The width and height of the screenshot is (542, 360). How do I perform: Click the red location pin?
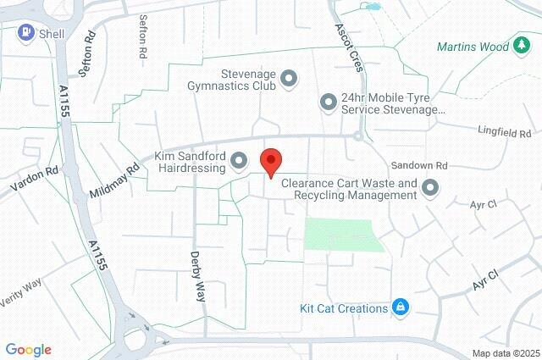tap(270, 161)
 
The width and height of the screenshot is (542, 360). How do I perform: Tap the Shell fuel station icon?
tap(27, 33)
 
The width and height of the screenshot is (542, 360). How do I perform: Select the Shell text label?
tap(53, 34)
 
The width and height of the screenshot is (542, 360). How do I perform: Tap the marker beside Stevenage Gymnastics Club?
tap(289, 79)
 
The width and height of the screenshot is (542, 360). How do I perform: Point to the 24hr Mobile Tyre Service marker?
tap(329, 103)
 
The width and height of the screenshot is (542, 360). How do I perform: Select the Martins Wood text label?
tap(473, 47)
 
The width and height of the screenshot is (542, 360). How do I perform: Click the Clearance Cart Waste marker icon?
tap(431, 188)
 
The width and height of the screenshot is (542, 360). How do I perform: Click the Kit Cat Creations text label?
tap(344, 308)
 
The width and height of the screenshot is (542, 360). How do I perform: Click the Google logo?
tap(28, 349)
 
